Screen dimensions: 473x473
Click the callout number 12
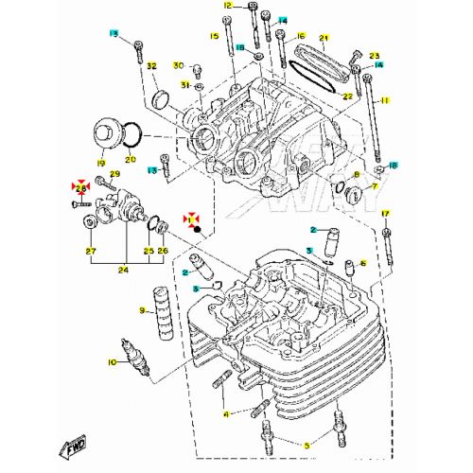[x=227, y=6]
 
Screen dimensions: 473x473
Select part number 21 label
[x=323, y=39]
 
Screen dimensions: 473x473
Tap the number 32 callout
[x=150, y=64]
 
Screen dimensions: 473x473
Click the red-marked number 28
[x=80, y=188]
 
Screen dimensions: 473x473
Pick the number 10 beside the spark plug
[x=112, y=362]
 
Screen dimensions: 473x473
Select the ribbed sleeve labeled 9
[x=159, y=311]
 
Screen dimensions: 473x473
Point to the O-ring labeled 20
[x=133, y=140]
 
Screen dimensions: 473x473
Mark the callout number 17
[x=386, y=215]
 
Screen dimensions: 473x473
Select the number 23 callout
[x=374, y=56]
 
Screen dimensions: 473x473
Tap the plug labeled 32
[x=159, y=97]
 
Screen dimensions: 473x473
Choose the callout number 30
[x=177, y=65]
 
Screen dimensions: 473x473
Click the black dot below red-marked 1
[x=196, y=229]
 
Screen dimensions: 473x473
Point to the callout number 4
[x=226, y=413]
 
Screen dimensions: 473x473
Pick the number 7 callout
[x=375, y=187]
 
